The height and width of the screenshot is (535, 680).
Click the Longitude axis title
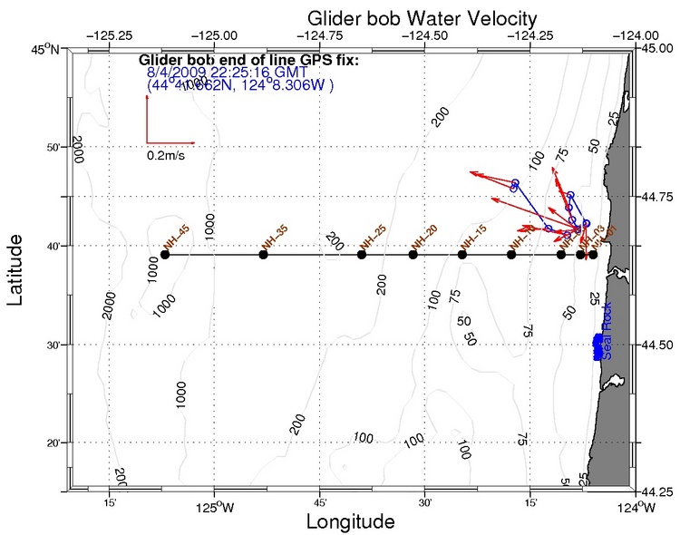(x=350, y=521)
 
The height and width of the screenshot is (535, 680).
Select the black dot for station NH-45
(x=165, y=255)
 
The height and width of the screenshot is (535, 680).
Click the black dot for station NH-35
(x=264, y=255)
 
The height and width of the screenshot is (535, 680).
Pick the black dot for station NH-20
(x=413, y=255)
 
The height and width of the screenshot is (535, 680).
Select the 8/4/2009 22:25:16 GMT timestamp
(x=224, y=73)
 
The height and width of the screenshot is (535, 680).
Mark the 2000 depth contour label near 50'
(x=77, y=150)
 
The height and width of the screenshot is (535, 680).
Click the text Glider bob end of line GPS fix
(x=249, y=61)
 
